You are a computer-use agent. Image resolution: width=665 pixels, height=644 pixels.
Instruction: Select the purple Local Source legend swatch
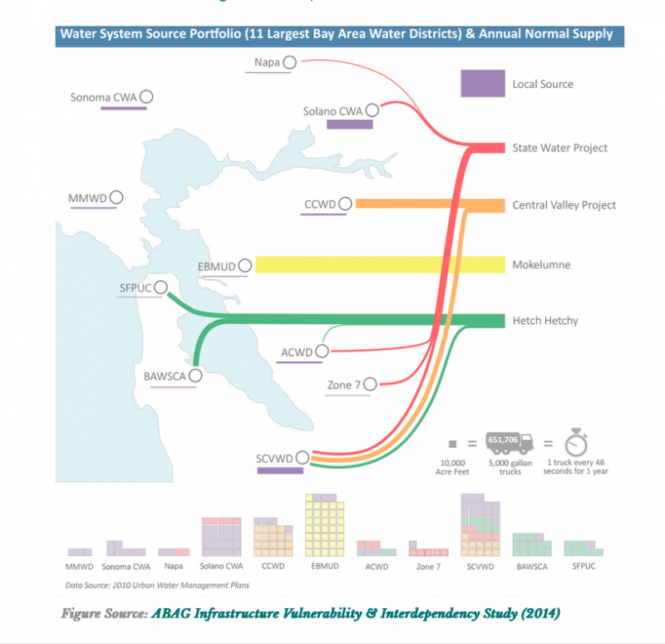(x=483, y=83)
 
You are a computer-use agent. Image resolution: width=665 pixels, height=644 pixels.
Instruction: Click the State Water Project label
(x=559, y=148)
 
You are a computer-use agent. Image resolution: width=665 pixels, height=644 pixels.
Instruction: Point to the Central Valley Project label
(x=564, y=205)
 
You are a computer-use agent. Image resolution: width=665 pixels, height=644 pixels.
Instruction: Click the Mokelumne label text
(x=541, y=265)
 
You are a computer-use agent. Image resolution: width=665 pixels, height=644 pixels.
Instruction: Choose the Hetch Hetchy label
(x=545, y=321)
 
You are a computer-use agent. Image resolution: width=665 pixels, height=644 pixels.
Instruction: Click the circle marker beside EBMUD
(x=244, y=266)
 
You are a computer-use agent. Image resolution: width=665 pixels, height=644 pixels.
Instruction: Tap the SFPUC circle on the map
(x=160, y=287)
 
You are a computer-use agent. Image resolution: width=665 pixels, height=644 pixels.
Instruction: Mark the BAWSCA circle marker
(x=195, y=376)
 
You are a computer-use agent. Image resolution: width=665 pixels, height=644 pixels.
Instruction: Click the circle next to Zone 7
(x=370, y=384)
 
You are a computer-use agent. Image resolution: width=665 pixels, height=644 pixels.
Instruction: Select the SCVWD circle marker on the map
(x=303, y=458)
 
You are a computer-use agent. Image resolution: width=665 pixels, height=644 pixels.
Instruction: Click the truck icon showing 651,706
(x=510, y=443)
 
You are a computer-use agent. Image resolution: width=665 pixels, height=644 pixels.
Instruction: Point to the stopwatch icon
(x=576, y=442)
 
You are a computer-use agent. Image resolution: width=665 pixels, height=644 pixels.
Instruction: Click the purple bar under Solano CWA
(x=349, y=124)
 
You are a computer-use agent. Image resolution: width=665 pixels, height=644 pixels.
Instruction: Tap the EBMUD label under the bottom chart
(x=325, y=566)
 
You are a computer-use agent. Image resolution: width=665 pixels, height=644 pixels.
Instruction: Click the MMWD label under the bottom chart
(x=79, y=567)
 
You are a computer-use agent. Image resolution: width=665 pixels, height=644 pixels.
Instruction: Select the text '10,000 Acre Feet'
(x=452, y=467)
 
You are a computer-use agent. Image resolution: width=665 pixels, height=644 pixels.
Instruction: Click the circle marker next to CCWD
(x=345, y=204)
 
